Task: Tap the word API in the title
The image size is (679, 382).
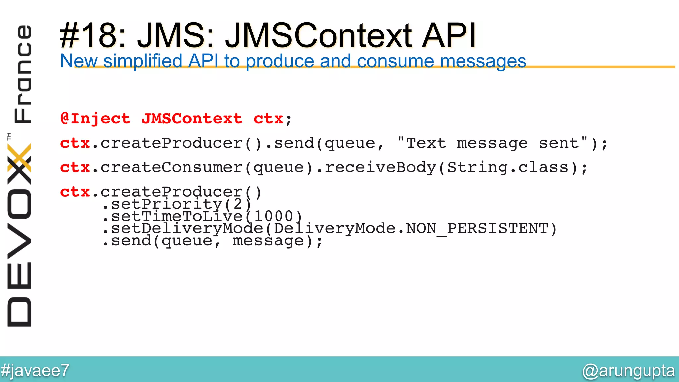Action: [x=449, y=35]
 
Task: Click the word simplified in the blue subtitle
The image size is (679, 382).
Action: [x=143, y=61]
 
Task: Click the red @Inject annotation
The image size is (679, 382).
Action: [x=95, y=119]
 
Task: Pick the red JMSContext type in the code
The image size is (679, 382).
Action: [x=192, y=119]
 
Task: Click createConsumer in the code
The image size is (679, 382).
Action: [x=172, y=167]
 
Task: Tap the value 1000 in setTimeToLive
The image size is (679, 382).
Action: [x=274, y=216]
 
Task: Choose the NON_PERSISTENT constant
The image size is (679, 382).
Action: [x=477, y=228]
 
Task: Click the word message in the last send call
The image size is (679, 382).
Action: [x=268, y=241]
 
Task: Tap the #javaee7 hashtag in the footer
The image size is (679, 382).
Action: [x=35, y=370]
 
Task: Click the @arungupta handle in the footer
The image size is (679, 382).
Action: [x=628, y=370]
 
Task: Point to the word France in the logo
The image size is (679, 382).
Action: [x=23, y=74]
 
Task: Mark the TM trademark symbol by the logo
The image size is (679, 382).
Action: [x=9, y=136]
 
